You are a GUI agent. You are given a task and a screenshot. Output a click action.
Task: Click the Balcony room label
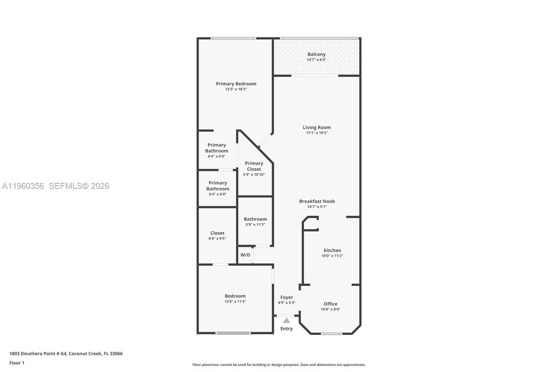pos(316,54)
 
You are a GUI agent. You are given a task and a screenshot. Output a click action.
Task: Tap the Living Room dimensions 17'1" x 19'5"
pos(317,133)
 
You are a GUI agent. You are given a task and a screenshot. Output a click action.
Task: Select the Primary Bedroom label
pos(236,84)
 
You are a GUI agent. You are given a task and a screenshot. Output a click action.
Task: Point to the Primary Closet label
pos(254,166)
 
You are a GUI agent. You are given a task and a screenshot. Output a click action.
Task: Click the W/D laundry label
pos(245,255)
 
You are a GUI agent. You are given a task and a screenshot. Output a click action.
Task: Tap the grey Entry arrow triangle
pos(286,320)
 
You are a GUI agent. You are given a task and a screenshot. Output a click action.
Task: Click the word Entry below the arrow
pos(286,329)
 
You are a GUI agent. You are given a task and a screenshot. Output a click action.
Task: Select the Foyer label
pos(287,297)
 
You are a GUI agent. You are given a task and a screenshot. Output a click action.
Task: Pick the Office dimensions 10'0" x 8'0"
pos(331,310)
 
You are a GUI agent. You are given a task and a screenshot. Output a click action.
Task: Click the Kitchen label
pos(332,250)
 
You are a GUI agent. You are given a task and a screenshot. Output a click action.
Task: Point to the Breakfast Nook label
pos(317,201)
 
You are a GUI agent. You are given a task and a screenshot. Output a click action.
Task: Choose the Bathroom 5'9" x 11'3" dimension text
pos(255,225)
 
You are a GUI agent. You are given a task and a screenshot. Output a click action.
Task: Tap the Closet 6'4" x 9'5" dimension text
pos(217,239)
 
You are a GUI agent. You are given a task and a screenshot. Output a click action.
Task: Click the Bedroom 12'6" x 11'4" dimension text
pos(235,302)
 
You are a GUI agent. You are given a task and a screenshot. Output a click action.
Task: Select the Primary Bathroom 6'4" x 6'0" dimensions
pos(218,194)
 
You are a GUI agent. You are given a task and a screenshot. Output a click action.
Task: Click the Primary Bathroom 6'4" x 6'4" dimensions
pos(217,156)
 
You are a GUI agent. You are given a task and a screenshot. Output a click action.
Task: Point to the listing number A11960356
pos(23,186)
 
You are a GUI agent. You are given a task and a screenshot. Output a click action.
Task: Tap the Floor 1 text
pos(17,363)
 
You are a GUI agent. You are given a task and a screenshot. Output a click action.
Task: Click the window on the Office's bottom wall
pos(331,334)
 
